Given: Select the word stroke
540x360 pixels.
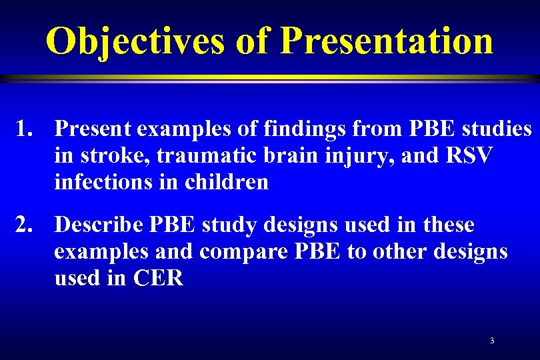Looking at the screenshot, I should (x=108, y=155).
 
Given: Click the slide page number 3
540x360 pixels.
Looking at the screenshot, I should (x=492, y=341).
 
